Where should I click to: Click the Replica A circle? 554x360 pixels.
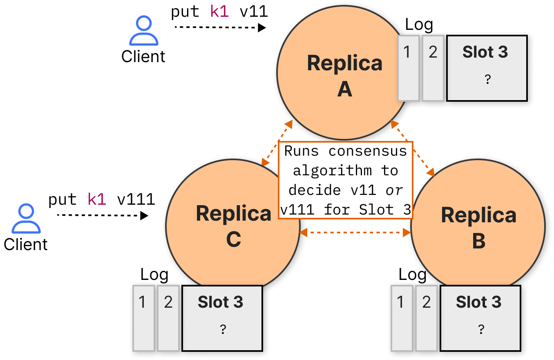click(x=344, y=72)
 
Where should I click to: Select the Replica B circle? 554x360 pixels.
click(x=478, y=226)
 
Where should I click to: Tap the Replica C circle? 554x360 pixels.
click(x=233, y=226)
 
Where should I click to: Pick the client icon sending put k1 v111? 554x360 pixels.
click(x=26, y=219)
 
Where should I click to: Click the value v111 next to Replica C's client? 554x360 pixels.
click(x=136, y=199)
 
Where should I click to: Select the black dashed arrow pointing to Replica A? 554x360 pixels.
click(x=220, y=27)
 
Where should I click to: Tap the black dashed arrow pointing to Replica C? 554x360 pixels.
click(x=103, y=215)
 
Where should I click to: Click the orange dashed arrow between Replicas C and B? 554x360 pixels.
click(x=355, y=233)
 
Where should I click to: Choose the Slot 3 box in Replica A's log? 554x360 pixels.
click(x=487, y=68)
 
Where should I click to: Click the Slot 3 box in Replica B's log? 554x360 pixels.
click(x=480, y=318)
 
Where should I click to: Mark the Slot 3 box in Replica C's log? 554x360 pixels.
click(x=222, y=318)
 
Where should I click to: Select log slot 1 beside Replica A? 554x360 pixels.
click(x=409, y=68)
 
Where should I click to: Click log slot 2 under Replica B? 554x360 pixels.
click(x=427, y=318)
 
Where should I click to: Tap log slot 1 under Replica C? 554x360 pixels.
click(x=144, y=318)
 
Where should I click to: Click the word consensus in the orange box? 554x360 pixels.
click(x=368, y=151)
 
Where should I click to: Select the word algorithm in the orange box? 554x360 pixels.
click(x=333, y=170)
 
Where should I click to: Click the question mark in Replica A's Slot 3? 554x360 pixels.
click(x=487, y=79)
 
